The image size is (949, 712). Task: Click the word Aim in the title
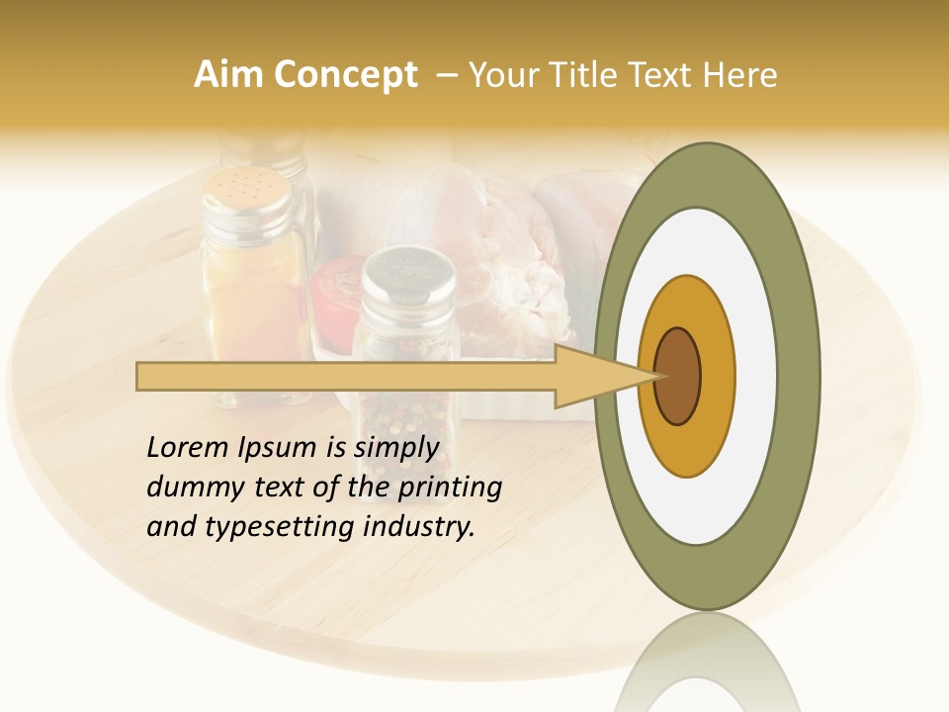[x=230, y=75]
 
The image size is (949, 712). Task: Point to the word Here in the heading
[x=738, y=75]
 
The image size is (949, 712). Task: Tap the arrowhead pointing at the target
[x=593, y=376]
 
